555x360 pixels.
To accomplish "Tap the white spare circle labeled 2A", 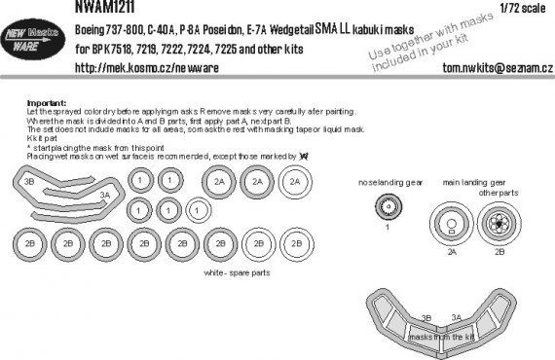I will [294, 182].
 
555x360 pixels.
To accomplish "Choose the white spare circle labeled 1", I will [196, 208].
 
